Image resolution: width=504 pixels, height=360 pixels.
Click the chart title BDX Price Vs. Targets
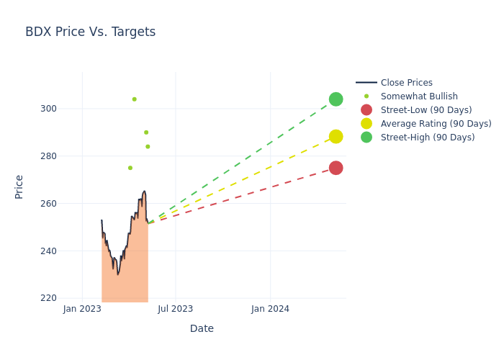(x=90, y=32)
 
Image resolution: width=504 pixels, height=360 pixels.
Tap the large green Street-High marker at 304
(x=336, y=99)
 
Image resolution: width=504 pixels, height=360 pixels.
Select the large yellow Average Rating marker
(x=336, y=137)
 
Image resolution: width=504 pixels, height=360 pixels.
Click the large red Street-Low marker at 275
(x=336, y=168)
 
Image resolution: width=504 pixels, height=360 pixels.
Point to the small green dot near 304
(x=134, y=99)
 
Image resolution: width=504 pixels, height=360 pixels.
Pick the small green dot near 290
(x=146, y=132)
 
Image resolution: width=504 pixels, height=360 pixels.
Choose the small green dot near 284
(x=148, y=147)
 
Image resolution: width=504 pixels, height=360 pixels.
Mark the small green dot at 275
(x=130, y=168)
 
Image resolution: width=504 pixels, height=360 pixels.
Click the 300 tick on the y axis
(x=68, y=109)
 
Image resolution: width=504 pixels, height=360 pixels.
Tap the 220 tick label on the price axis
(x=68, y=298)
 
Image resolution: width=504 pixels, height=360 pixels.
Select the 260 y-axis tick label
(x=68, y=204)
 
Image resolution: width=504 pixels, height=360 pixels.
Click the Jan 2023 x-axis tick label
(x=82, y=309)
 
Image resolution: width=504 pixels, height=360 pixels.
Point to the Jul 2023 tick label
(x=175, y=309)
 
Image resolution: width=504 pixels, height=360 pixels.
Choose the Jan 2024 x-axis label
(x=270, y=309)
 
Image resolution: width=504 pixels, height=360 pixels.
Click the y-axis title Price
(x=19, y=186)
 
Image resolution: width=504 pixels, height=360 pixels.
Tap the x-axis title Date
(x=202, y=328)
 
